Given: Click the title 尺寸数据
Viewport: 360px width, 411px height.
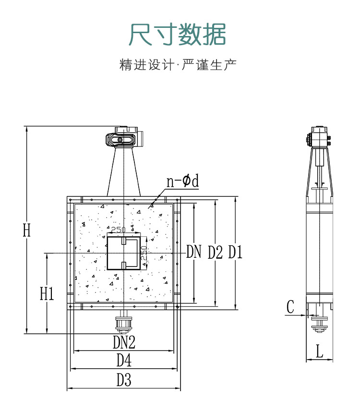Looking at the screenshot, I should click(178, 34).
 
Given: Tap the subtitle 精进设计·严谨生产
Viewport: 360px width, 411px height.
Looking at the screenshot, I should click(178, 65).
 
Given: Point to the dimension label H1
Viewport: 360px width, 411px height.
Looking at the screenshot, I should click(47, 293).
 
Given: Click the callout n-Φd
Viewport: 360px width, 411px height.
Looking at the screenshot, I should click(182, 181).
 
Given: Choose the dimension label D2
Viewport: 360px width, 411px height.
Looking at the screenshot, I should click(215, 252).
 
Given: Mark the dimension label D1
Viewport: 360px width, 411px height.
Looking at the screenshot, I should click(235, 252).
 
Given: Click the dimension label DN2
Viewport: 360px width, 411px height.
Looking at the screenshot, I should click(124, 342).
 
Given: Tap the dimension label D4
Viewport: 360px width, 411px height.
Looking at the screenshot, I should click(124, 360).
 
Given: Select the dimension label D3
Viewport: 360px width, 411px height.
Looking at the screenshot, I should click(124, 380).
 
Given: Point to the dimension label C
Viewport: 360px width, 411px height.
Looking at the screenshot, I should click(290, 307).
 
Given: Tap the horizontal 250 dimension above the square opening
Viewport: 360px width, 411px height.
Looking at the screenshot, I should click(118, 230).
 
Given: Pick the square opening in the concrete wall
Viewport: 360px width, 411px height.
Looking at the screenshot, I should click(123, 253).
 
